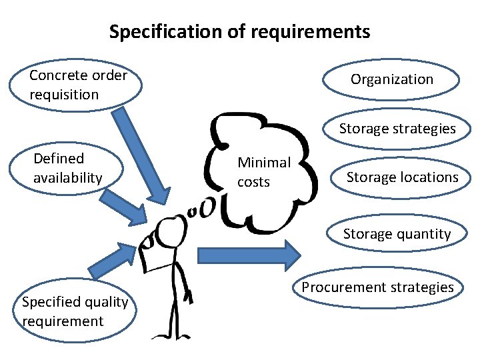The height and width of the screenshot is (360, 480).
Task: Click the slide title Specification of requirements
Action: (x=239, y=31)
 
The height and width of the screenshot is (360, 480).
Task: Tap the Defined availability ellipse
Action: (x=65, y=168)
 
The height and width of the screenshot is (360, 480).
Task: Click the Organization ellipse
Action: (x=392, y=79)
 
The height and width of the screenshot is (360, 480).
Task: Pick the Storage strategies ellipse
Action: (x=397, y=129)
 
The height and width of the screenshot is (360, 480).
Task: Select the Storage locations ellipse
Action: (x=402, y=177)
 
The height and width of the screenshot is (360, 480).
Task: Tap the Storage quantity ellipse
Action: (x=397, y=233)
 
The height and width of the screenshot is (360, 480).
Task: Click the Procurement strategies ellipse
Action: (x=377, y=287)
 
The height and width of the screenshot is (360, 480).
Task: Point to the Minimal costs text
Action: (x=264, y=171)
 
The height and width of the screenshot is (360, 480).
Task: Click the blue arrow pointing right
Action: (x=250, y=255)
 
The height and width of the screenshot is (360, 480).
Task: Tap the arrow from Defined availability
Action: (x=127, y=206)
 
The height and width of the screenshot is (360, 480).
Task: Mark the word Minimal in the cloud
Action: (x=264, y=162)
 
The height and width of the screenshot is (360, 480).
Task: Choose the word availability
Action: (x=67, y=178)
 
